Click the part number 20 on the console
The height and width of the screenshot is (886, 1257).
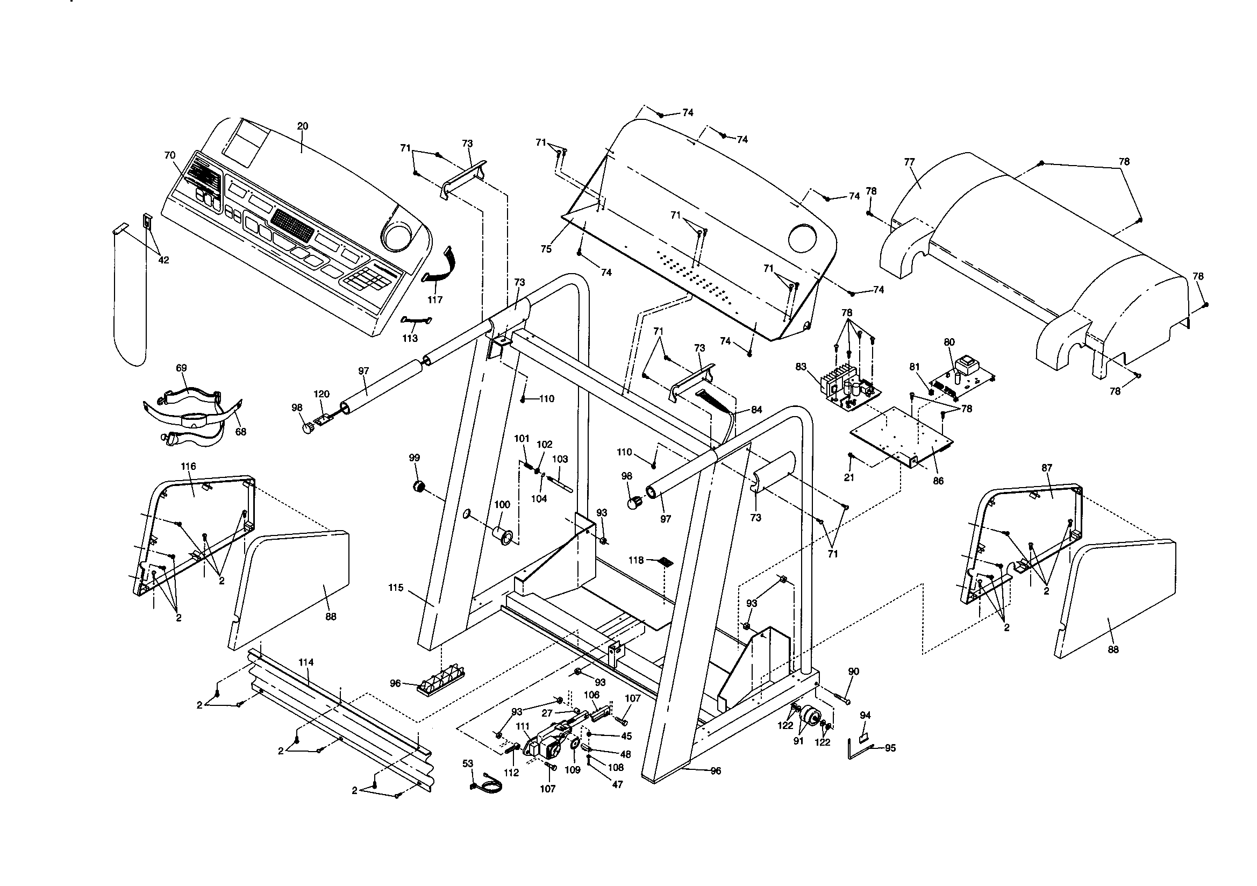point(302,126)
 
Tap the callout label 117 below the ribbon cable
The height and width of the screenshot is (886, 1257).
point(435,299)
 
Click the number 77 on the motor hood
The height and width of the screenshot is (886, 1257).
point(909,162)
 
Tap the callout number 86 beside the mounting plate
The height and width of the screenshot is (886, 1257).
point(938,482)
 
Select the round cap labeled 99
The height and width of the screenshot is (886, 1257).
point(419,486)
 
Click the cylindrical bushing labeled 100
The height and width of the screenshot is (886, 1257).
point(502,535)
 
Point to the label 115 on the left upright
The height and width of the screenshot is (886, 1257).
point(396,588)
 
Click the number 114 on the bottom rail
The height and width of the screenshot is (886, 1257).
point(306,662)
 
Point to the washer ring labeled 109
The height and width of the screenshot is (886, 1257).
point(574,744)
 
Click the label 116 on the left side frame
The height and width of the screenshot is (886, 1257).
point(188,466)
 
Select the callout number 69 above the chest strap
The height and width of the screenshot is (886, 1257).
point(181,368)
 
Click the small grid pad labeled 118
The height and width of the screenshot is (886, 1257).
point(666,562)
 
